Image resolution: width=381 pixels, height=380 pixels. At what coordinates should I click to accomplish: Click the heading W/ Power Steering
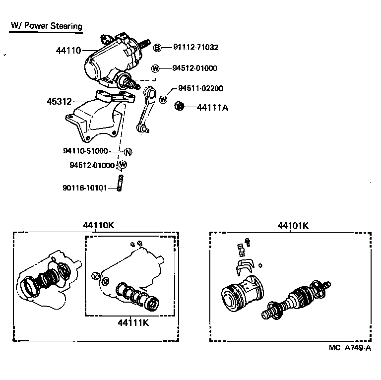pyautogui.click(x=46, y=26)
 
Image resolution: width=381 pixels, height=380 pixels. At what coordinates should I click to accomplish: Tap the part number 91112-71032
pyautogui.click(x=195, y=48)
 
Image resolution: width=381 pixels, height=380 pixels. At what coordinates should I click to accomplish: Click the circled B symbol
pyautogui.click(x=157, y=48)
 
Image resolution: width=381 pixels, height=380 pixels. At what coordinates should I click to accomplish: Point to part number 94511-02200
pyautogui.click(x=200, y=88)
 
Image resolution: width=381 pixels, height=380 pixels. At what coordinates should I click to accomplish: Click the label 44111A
pyautogui.click(x=212, y=107)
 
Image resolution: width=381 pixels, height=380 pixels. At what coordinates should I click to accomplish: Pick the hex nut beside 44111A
pyautogui.click(x=180, y=106)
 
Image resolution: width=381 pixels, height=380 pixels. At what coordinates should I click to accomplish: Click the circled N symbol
pyautogui.click(x=127, y=152)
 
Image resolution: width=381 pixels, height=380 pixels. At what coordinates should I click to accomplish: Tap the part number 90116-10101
pyautogui.click(x=85, y=188)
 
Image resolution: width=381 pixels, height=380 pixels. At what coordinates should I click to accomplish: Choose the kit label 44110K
pyautogui.click(x=98, y=225)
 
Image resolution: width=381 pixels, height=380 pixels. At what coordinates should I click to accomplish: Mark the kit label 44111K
pyautogui.click(x=133, y=323)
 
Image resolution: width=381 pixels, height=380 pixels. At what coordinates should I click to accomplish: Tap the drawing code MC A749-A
pyautogui.click(x=349, y=348)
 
